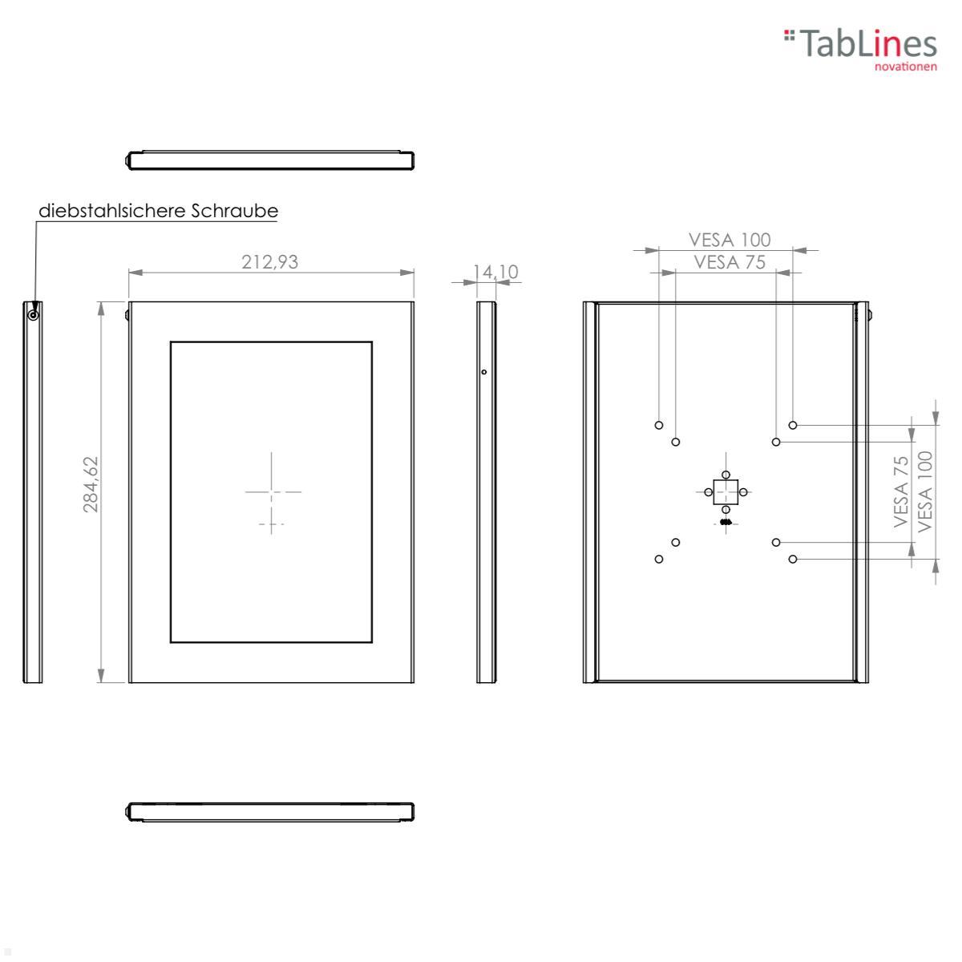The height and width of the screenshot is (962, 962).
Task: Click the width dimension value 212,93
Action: (270, 261)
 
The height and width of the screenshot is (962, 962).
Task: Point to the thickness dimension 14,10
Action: (495, 272)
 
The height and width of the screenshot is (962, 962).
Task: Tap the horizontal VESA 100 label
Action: (730, 240)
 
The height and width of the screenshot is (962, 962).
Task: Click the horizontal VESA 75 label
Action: (730, 261)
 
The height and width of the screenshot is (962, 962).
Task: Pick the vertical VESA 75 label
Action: (902, 491)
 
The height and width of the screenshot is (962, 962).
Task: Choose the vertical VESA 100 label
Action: (926, 491)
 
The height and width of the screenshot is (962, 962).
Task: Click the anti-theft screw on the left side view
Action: (33, 314)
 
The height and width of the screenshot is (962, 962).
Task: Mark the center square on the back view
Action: (726, 491)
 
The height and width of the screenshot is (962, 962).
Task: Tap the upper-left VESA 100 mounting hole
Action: (659, 425)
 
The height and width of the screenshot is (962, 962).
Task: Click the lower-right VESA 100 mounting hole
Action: (793, 559)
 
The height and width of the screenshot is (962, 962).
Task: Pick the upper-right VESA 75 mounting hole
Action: (776, 442)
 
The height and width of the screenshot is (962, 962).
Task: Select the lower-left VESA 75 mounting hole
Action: (676, 543)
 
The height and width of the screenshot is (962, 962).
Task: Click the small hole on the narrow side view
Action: (483, 372)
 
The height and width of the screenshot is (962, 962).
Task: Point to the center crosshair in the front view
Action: (272, 491)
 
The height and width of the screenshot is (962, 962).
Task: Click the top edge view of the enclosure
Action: (270, 160)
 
